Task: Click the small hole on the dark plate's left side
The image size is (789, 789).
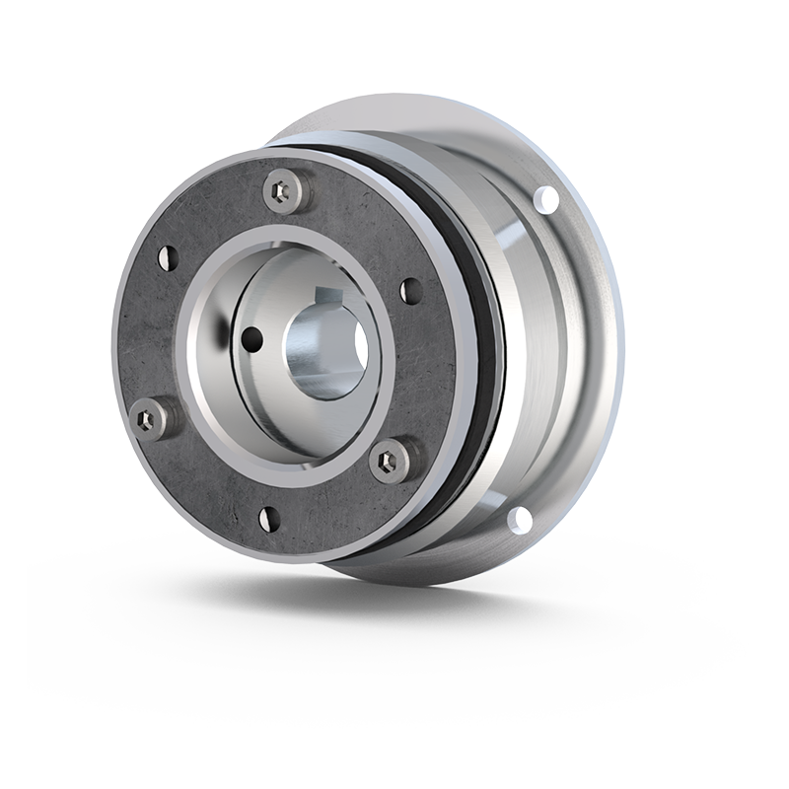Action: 167,257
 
